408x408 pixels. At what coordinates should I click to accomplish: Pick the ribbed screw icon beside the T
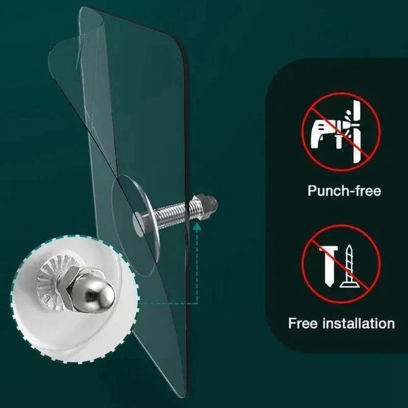tap(350, 267)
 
